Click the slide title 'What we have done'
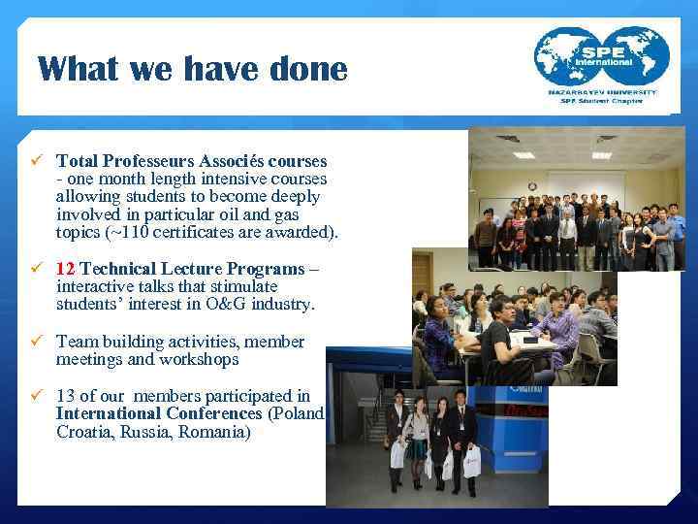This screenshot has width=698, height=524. (192, 69)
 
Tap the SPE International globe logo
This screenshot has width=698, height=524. (601, 58)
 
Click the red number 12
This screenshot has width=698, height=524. (65, 269)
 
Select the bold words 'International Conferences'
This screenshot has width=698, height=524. (160, 413)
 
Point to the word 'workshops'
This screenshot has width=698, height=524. (205, 360)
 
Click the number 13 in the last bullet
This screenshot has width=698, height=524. (65, 396)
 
